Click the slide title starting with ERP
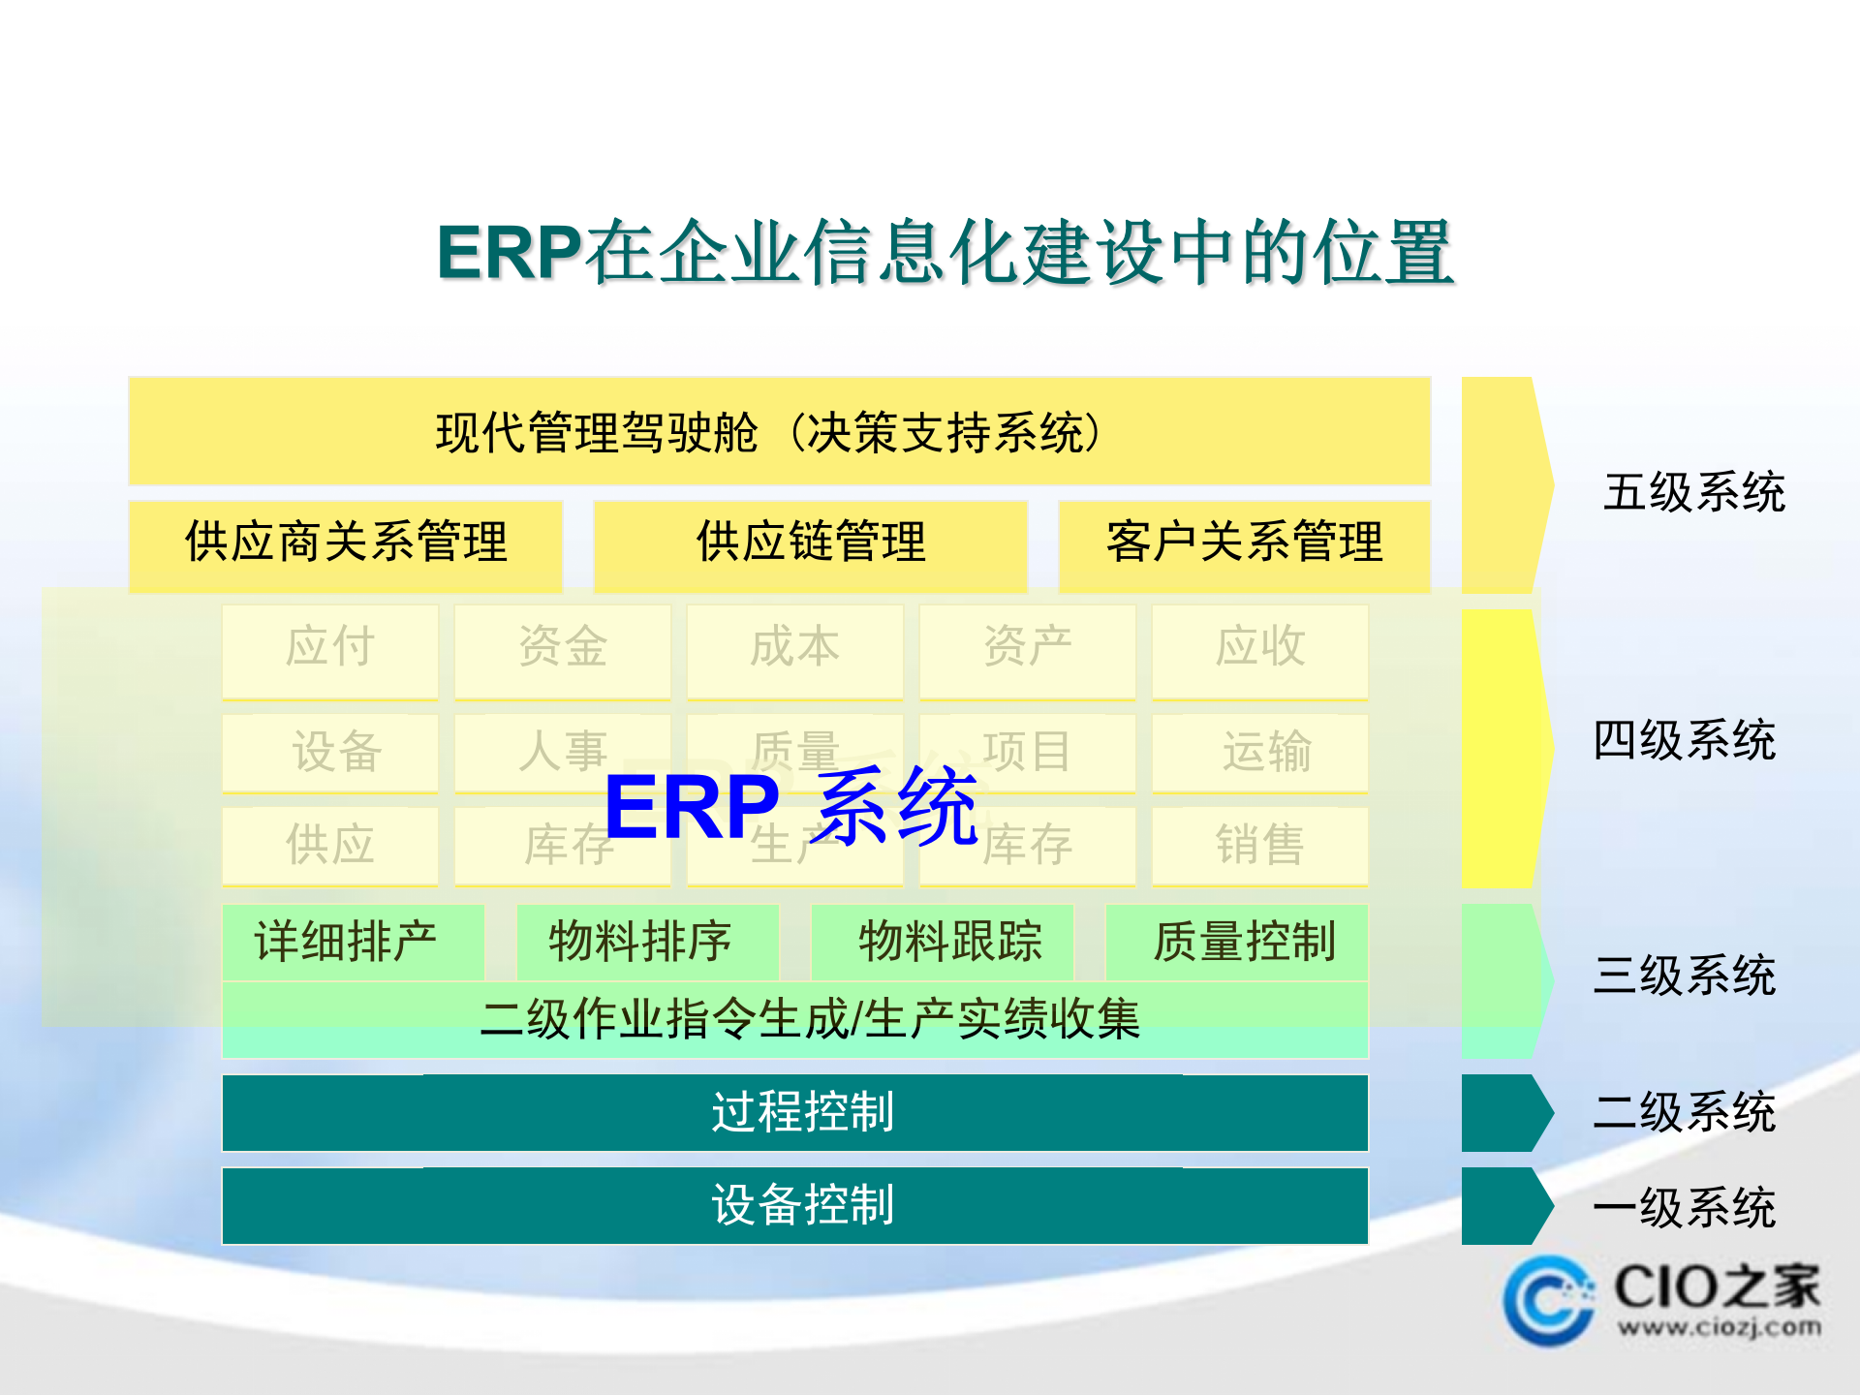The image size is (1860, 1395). [x=945, y=254]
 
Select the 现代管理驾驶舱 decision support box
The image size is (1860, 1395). [x=779, y=432]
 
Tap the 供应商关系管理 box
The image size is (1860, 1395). [x=345, y=542]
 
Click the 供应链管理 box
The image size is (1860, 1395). [x=810, y=542]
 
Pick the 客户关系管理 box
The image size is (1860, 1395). [x=1244, y=542]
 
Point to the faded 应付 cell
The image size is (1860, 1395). [x=330, y=647]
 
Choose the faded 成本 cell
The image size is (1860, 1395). [x=794, y=647]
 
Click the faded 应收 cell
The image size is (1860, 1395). [x=1259, y=647]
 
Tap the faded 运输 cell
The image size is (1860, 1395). [x=1259, y=752]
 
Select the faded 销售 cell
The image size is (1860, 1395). [x=1259, y=845]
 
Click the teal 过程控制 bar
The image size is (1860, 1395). [x=794, y=1112]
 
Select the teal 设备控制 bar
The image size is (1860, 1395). [x=794, y=1205]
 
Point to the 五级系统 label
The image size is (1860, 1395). [x=1693, y=492]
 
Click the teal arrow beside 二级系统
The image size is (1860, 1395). [x=1503, y=1112]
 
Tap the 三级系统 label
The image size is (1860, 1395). [x=1684, y=975]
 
